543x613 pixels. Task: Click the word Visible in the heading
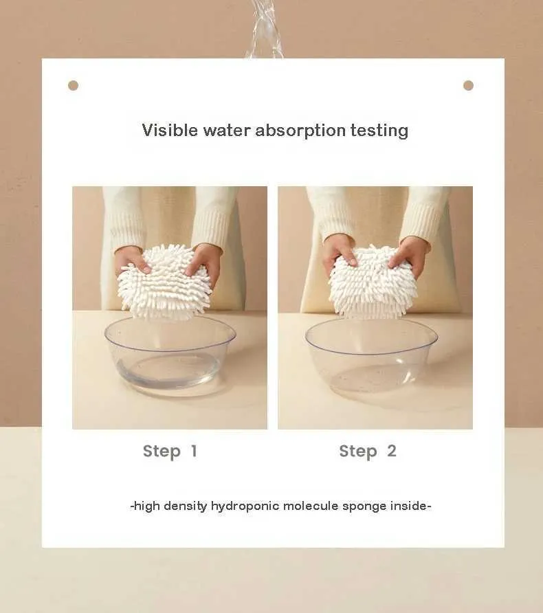pyautogui.click(x=170, y=130)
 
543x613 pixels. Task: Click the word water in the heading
pyautogui.click(x=227, y=131)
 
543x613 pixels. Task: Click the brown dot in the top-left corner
pyautogui.click(x=73, y=86)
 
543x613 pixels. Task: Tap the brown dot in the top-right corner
pyautogui.click(x=468, y=86)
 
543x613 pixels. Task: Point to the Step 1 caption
pyautogui.click(x=170, y=452)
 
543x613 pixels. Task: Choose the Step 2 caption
pyautogui.click(x=368, y=452)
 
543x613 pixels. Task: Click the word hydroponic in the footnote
pyautogui.click(x=245, y=506)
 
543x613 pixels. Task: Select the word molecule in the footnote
pyautogui.click(x=311, y=506)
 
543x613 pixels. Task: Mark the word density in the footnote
pyautogui.click(x=186, y=506)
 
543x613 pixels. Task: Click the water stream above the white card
pyautogui.click(x=265, y=30)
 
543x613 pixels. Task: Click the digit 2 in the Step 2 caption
pyautogui.click(x=392, y=451)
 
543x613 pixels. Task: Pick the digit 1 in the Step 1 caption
pyautogui.click(x=194, y=451)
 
